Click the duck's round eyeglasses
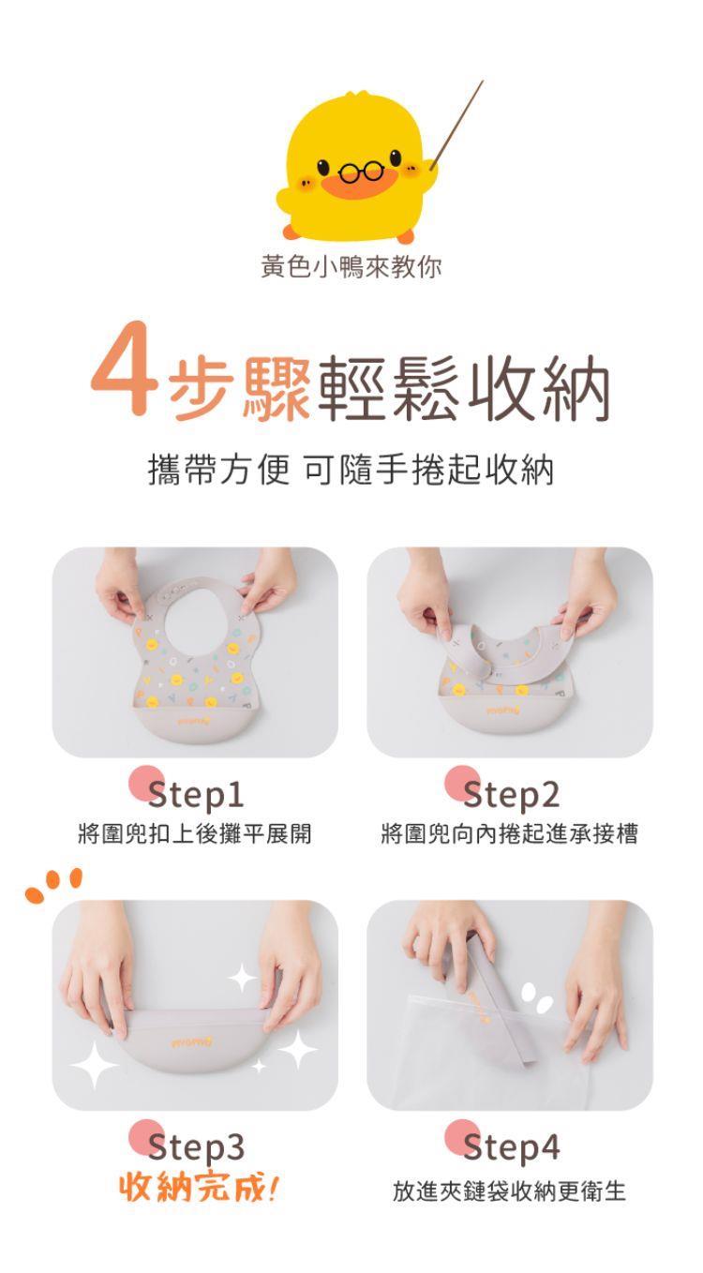(362, 172)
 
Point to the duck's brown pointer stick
(456, 125)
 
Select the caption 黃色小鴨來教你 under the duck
(351, 266)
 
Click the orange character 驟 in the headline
(277, 389)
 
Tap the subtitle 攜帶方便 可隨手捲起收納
(351, 471)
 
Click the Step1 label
(196, 795)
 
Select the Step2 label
(511, 795)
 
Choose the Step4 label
(511, 1147)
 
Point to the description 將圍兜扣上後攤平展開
(195, 833)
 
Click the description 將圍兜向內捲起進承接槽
(510, 833)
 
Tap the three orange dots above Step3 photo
(54, 884)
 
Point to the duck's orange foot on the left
(291, 232)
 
